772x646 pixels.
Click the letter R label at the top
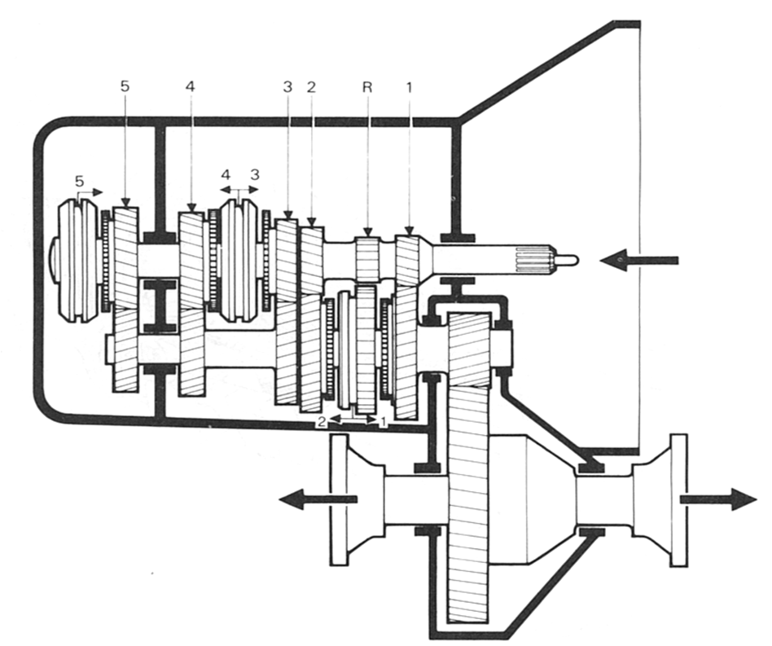369,85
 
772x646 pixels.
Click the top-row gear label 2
310,86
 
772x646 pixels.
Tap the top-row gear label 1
409,85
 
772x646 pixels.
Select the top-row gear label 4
190,86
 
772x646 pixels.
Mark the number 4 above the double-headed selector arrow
226,174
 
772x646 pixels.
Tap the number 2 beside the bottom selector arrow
323,422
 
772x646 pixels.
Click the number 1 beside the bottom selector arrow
383,422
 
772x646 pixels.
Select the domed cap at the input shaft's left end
53,259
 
